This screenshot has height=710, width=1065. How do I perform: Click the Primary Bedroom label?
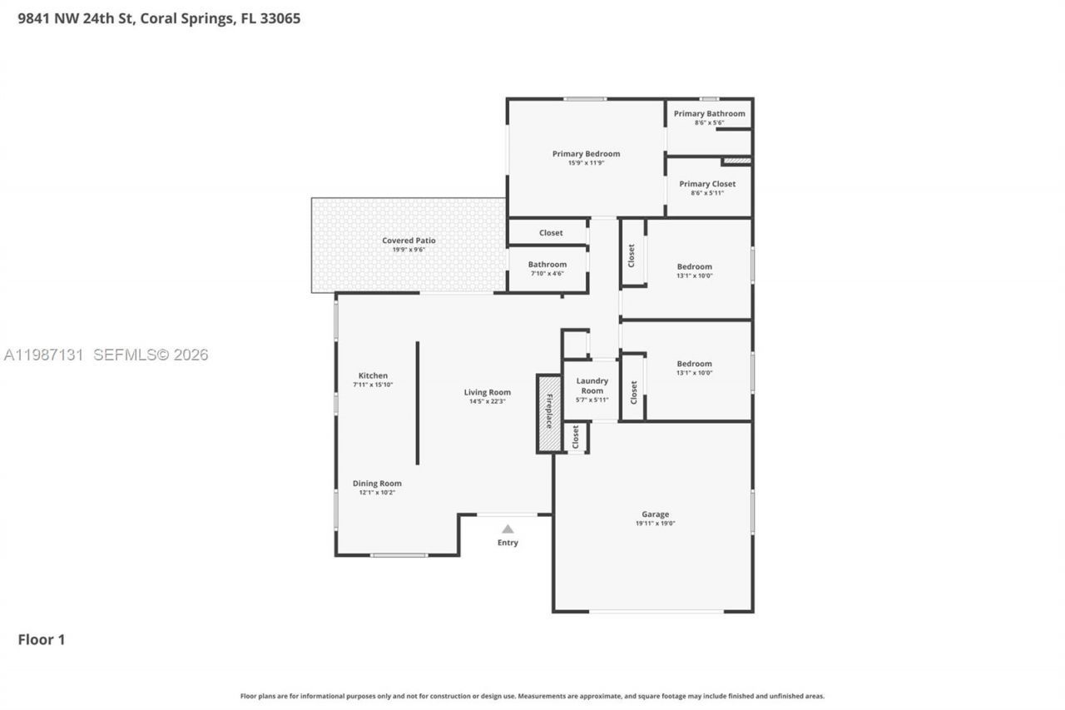[586, 154]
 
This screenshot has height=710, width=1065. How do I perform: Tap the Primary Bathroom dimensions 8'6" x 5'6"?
[709, 123]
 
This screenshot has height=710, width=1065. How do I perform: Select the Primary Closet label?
[707, 184]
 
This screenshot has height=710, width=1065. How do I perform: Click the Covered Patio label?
[409, 241]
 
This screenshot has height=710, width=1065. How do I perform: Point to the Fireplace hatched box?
[549, 413]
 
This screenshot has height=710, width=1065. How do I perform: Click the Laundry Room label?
[592, 385]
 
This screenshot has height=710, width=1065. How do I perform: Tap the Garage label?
[655, 514]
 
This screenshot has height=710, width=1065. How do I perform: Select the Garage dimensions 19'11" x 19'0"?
[655, 524]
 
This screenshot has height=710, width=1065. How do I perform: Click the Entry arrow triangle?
[508, 529]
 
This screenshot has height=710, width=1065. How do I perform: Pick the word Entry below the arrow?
[508, 543]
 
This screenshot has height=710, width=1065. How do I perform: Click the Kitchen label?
[373, 375]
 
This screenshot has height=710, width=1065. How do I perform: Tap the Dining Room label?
[377, 484]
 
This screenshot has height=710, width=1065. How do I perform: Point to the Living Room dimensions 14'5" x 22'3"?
[487, 401]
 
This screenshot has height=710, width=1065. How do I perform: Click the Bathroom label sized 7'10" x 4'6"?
[547, 265]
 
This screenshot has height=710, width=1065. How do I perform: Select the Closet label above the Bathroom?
[551, 233]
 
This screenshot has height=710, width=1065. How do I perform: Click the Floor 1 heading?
[42, 639]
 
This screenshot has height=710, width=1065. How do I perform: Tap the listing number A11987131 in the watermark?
[43, 355]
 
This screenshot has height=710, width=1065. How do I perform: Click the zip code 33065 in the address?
[281, 18]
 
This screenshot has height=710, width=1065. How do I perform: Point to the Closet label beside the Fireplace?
[576, 437]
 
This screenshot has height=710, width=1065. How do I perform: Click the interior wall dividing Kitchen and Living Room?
[418, 403]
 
